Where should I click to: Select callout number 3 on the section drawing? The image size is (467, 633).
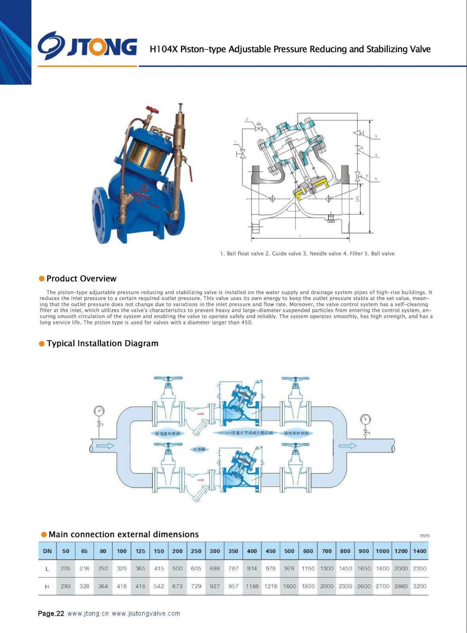pos(376,136)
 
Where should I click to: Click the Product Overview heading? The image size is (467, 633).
pos(81,279)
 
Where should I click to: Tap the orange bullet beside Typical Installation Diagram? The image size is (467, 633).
pos(42,343)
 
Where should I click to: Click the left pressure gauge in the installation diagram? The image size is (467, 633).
pos(99,411)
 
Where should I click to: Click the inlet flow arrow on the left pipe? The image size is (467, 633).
pos(105,446)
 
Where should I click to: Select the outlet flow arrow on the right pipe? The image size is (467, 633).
pos(347,446)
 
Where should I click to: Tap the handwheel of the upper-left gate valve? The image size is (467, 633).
pos(168,379)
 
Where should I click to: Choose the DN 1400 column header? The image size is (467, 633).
pos(419,551)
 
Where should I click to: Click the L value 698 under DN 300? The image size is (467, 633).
pos(215,569)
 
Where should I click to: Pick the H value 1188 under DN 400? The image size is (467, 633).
pos(252,586)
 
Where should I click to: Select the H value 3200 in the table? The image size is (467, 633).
pos(419,586)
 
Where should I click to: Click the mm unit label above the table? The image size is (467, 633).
pos(425,536)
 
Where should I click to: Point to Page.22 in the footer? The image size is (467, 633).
pos(51,614)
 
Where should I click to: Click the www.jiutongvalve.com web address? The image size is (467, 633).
pos(146,614)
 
